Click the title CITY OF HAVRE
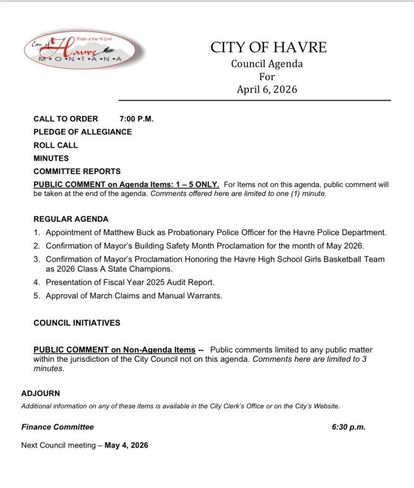(x=269, y=47)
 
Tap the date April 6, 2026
(x=267, y=89)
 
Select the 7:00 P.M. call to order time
(x=136, y=119)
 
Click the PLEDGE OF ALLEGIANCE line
(x=83, y=132)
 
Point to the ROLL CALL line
(x=55, y=145)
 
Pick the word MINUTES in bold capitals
(x=51, y=158)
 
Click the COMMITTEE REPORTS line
(x=77, y=171)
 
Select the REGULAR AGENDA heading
(x=71, y=219)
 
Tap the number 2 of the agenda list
(x=37, y=246)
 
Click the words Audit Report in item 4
(x=191, y=282)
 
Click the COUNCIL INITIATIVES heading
(x=77, y=323)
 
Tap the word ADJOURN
(x=41, y=394)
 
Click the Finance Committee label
(x=58, y=427)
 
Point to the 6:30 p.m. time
(x=348, y=427)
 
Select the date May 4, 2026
(x=126, y=446)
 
